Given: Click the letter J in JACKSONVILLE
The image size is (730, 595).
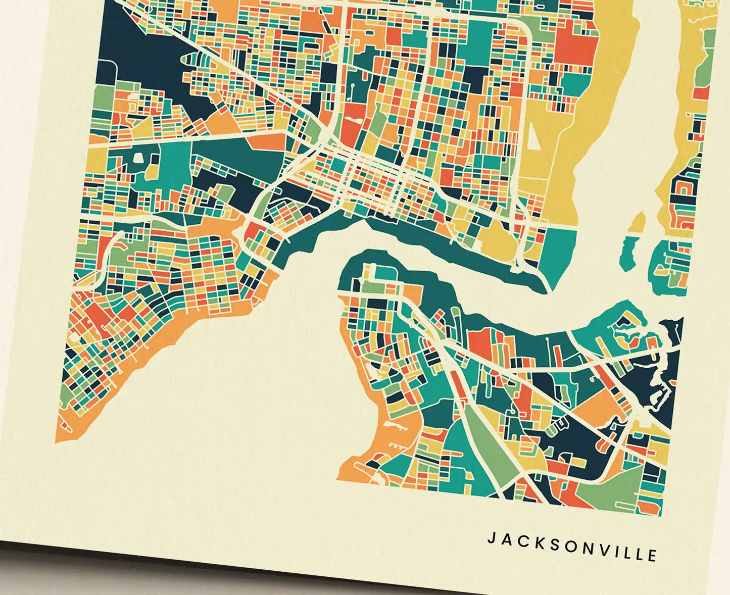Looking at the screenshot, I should (x=490, y=537).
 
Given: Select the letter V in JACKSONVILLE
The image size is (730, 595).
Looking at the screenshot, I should (x=601, y=549).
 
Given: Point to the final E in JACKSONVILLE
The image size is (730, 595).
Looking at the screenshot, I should (x=652, y=555).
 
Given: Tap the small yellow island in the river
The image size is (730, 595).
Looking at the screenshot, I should (x=639, y=222).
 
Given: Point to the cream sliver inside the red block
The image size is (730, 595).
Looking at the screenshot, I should (x=352, y=121).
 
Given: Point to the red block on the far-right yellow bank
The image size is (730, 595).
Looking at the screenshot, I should (x=701, y=93).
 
